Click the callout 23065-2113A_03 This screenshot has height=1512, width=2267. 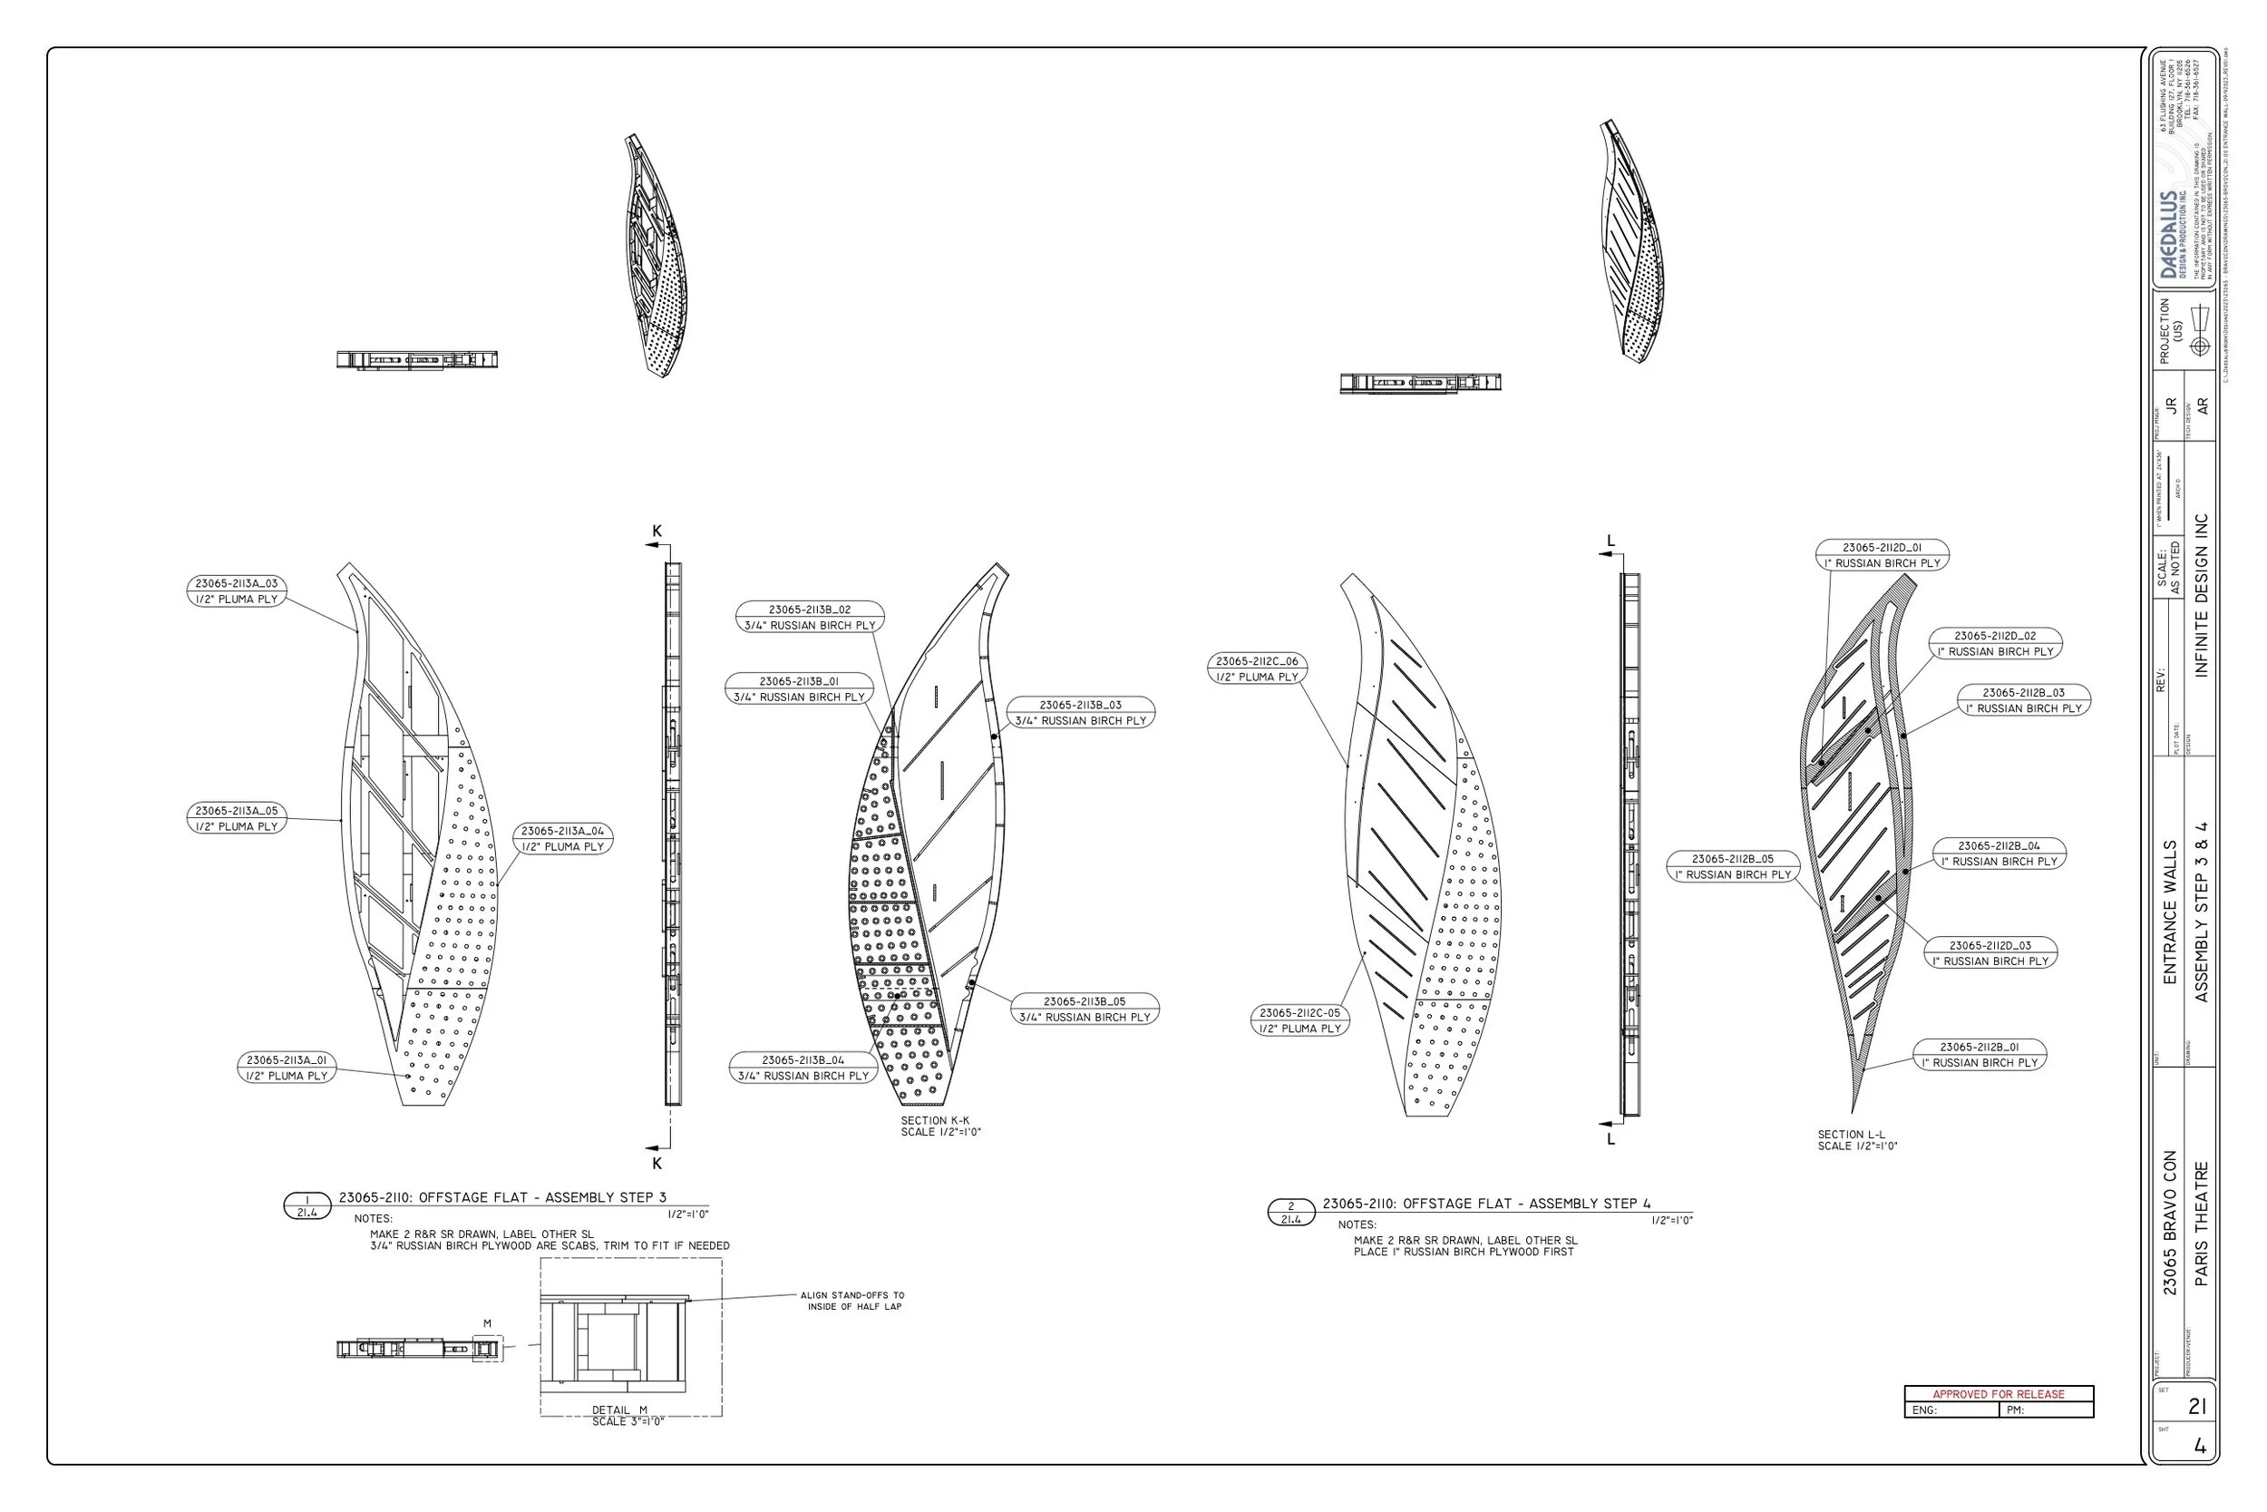tap(236, 591)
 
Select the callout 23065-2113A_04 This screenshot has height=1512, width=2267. tap(563, 839)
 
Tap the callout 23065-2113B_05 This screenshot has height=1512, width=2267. tap(1085, 1010)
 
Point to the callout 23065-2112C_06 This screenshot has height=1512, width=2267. tap(1257, 669)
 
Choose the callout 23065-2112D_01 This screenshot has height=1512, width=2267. tap(1882, 555)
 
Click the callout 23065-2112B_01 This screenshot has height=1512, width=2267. tap(1980, 1055)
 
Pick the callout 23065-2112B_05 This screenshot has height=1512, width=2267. tap(1732, 867)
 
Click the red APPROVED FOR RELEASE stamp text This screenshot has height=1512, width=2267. tap(1998, 1394)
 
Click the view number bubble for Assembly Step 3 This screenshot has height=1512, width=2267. tap(306, 1206)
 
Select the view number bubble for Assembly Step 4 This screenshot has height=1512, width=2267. tap(1290, 1213)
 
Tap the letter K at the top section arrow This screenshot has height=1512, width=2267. tap(657, 532)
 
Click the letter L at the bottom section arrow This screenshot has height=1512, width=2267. tap(1610, 1139)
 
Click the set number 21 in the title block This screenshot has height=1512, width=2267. tap(2196, 1407)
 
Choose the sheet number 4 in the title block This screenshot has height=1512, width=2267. tap(2199, 1447)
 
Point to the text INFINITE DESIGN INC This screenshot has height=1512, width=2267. tap(2201, 595)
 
